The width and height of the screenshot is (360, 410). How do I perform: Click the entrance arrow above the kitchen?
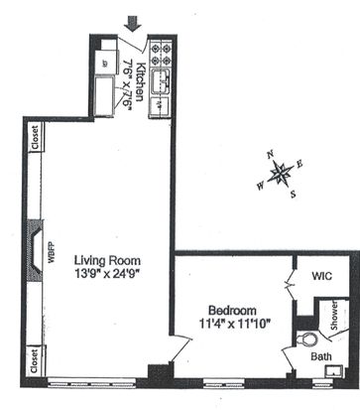133,24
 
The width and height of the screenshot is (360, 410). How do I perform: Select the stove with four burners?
161,54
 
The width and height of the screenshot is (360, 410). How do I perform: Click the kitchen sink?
161,81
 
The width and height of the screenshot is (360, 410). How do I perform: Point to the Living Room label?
107,260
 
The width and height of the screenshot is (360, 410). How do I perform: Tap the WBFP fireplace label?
52,252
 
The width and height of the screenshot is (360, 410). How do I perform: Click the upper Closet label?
35,137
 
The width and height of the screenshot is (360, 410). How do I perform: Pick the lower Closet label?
35,361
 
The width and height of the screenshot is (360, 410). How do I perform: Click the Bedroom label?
232,311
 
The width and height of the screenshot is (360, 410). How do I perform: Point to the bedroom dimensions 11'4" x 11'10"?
235,324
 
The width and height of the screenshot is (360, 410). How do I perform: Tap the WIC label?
321,276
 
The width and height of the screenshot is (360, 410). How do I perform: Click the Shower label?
334,316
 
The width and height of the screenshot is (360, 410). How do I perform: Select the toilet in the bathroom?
306,340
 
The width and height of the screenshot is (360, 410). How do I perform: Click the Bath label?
321,356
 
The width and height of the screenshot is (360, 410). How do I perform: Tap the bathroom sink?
334,371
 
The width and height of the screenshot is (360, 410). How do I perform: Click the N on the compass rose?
271,154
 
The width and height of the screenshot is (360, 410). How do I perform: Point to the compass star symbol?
281,173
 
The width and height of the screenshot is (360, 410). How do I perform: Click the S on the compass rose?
293,195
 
